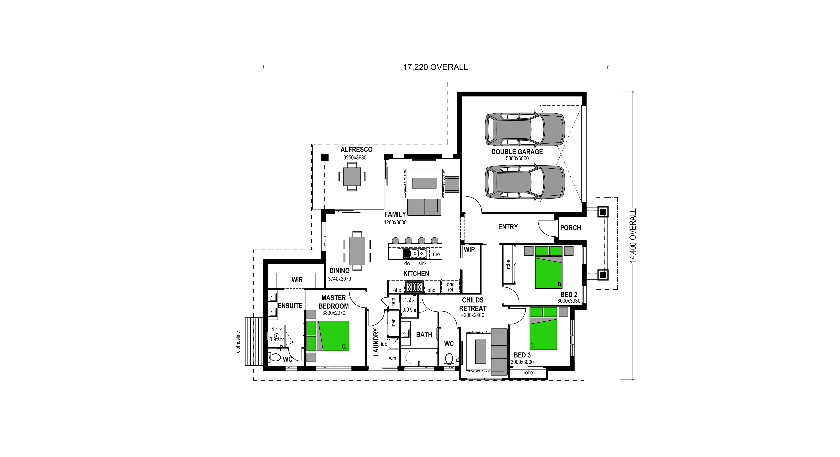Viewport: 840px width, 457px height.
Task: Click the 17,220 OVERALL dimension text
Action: [x=435, y=67]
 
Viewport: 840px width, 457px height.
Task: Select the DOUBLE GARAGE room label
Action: [x=517, y=152]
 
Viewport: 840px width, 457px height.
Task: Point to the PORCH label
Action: [x=570, y=228]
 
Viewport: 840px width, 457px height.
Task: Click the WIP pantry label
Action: [x=469, y=249]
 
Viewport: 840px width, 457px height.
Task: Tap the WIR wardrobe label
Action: [x=297, y=280]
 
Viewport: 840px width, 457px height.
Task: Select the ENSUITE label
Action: [x=290, y=306]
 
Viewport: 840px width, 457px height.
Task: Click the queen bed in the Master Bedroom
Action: [x=328, y=336]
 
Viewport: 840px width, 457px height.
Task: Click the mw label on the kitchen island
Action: [x=436, y=254]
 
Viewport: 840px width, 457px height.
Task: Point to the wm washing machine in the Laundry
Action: [x=393, y=358]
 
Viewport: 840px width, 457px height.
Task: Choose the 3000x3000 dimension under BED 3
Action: [x=522, y=362]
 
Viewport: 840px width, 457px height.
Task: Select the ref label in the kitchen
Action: [x=450, y=289]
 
